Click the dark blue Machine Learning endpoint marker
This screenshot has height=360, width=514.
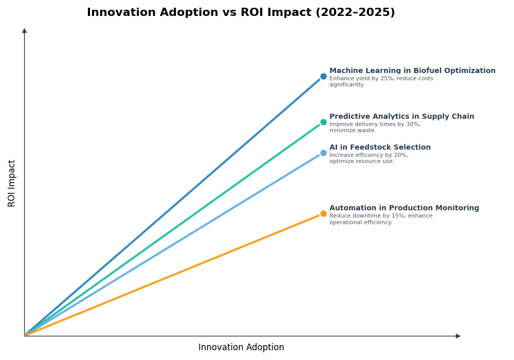pos(323,77)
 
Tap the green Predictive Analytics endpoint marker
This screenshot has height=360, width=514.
pos(323,122)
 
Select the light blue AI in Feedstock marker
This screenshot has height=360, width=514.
pos(323,153)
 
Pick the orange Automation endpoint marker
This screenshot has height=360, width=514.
pos(323,214)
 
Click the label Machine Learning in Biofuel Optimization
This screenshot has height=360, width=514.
pos(412,71)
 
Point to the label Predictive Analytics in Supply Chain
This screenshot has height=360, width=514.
pos(401,117)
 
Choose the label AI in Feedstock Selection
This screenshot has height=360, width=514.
pos(380,148)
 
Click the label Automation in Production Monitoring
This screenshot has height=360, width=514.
pos(404,208)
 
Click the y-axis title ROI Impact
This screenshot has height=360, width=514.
pos(12,183)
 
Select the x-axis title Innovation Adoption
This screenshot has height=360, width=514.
pos(241,348)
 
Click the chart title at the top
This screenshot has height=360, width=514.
pos(241,13)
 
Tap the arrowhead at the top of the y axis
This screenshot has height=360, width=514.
pos(24,31)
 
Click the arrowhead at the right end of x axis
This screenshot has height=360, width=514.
pos(458,336)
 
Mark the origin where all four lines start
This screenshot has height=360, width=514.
pos(25,335)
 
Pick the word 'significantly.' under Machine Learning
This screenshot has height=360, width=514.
pos(347,85)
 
